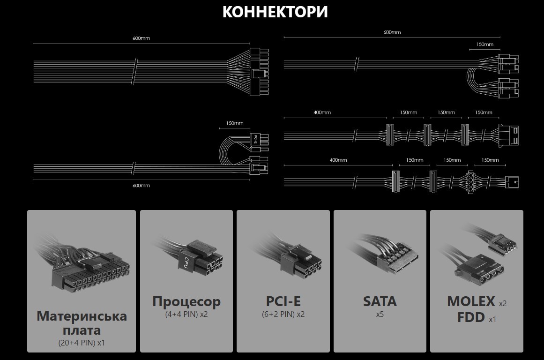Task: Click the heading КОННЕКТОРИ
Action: pyautogui.click(x=275, y=12)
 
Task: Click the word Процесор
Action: pyautogui.click(x=186, y=301)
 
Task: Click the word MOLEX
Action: pyautogui.click(x=471, y=301)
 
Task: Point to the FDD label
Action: pyautogui.click(x=471, y=318)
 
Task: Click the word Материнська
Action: pyautogui.click(x=82, y=315)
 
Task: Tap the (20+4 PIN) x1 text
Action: pyautogui.click(x=82, y=343)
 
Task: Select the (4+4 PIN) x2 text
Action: pyautogui.click(x=186, y=314)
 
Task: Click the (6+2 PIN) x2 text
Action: pyautogui.click(x=283, y=314)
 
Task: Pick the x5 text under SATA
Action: pyautogui.click(x=380, y=314)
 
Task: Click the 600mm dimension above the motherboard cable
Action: pyautogui.click(x=141, y=38)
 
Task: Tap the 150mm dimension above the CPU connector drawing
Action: pyautogui.click(x=235, y=123)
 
